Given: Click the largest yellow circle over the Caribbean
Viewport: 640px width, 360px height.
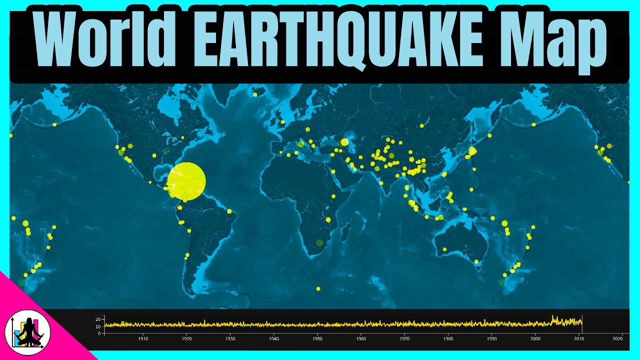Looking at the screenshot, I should [186, 181].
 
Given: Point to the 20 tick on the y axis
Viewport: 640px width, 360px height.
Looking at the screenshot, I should [99, 319].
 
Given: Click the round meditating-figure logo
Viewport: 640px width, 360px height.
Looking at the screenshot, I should [24, 332].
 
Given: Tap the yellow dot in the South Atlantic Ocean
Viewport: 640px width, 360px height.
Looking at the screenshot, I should [318, 288].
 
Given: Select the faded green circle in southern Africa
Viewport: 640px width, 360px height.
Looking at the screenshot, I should [320, 243].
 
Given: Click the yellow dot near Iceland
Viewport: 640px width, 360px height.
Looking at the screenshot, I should [255, 94].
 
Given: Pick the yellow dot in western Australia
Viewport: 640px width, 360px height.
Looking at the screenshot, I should [444, 249].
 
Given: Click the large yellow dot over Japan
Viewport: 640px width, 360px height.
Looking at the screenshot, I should [472, 150].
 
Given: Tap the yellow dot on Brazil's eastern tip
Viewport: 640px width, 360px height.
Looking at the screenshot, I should [229, 211].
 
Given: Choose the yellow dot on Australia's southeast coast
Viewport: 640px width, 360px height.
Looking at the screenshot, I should [477, 261].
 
